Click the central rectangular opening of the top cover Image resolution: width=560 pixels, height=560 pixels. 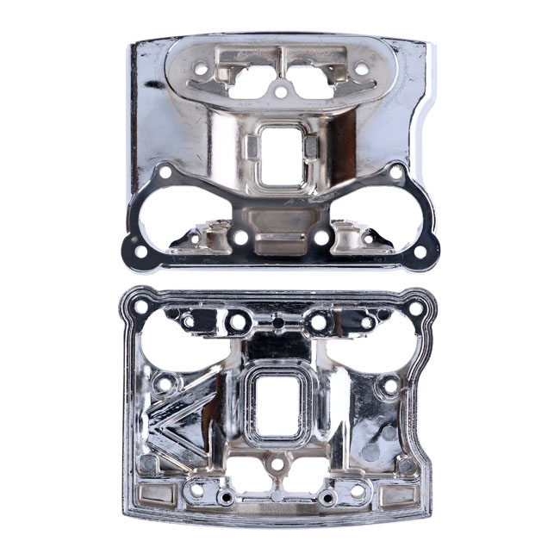point(280,156)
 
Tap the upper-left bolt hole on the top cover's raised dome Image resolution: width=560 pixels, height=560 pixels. point(200,67)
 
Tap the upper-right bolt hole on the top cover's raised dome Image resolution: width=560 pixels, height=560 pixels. point(362,67)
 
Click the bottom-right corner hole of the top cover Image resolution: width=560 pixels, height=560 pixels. point(420,253)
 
